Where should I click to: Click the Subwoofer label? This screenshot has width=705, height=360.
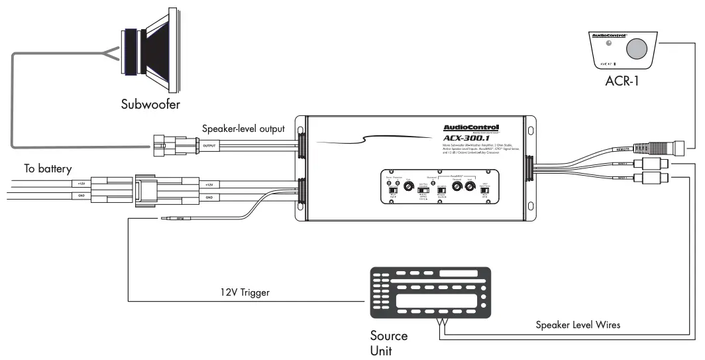[x=150, y=104]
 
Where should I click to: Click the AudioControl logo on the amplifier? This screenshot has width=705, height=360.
[x=471, y=127]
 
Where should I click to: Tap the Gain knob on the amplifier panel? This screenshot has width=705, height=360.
[x=409, y=188]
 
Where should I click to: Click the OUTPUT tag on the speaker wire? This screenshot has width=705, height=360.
[x=209, y=145]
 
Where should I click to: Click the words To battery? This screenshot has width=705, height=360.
[x=48, y=169]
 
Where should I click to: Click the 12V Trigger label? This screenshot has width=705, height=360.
[x=245, y=292]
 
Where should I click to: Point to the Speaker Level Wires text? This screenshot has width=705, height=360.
[x=578, y=325]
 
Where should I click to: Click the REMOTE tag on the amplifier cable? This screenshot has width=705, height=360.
[x=618, y=150]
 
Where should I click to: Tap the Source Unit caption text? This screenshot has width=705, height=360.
[x=389, y=343]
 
